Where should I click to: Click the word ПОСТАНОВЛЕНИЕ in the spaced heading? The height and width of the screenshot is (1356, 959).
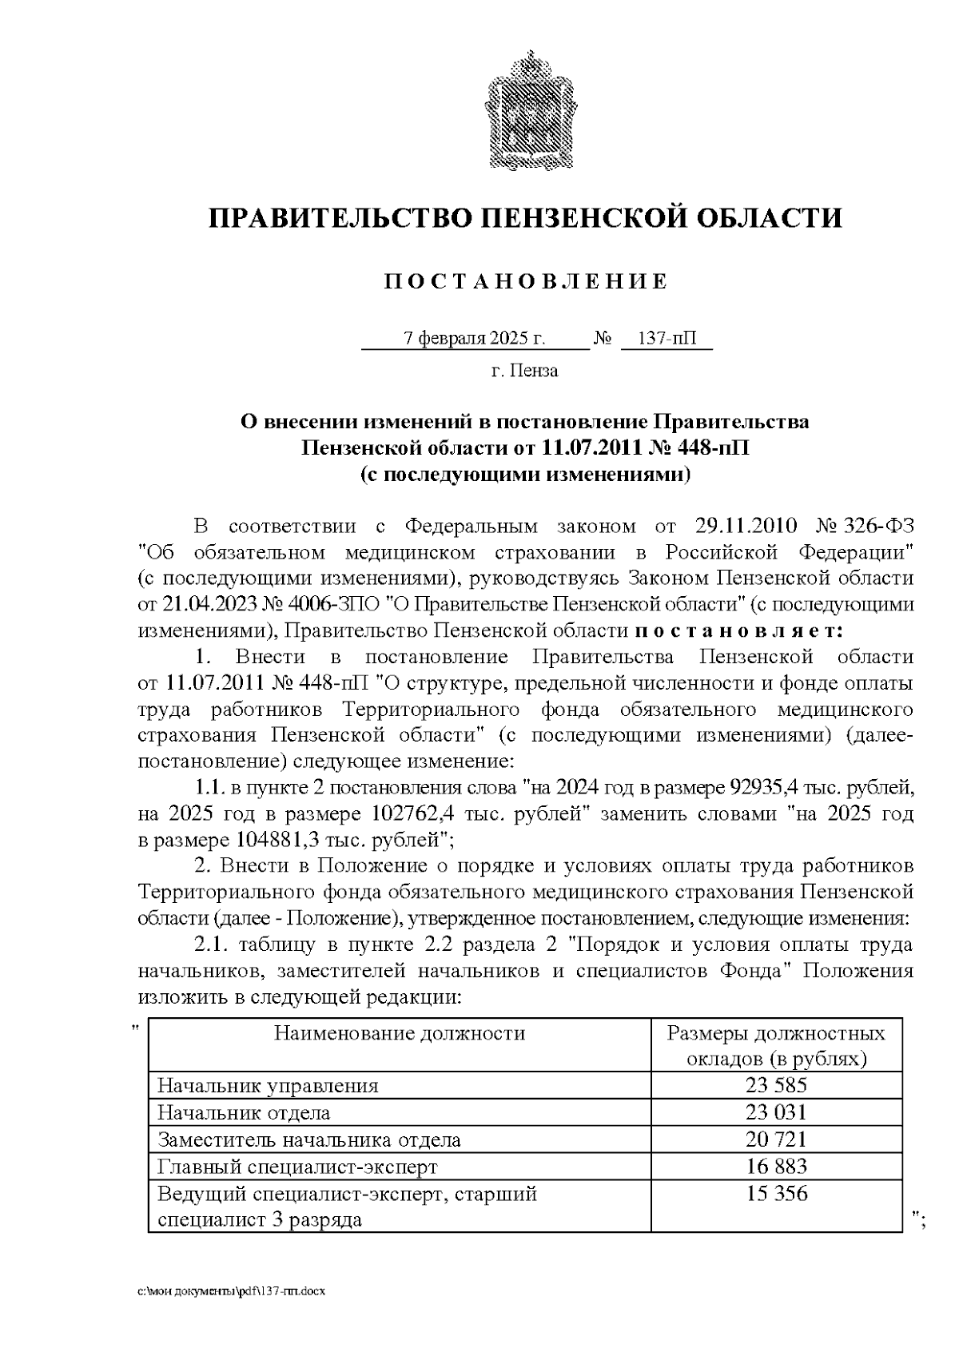point(525,281)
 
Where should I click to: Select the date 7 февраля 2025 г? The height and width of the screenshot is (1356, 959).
point(475,339)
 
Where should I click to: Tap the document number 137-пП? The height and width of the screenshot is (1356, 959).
point(666,339)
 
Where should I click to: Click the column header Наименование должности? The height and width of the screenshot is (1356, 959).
point(400,1034)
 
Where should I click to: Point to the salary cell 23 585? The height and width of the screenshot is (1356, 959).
point(776,1086)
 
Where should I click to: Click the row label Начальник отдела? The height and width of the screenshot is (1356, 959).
point(244,1112)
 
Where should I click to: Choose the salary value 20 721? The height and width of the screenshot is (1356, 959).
point(776,1139)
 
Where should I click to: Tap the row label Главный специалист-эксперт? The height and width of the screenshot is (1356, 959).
point(297,1167)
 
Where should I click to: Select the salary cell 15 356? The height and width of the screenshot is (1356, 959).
point(776,1194)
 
